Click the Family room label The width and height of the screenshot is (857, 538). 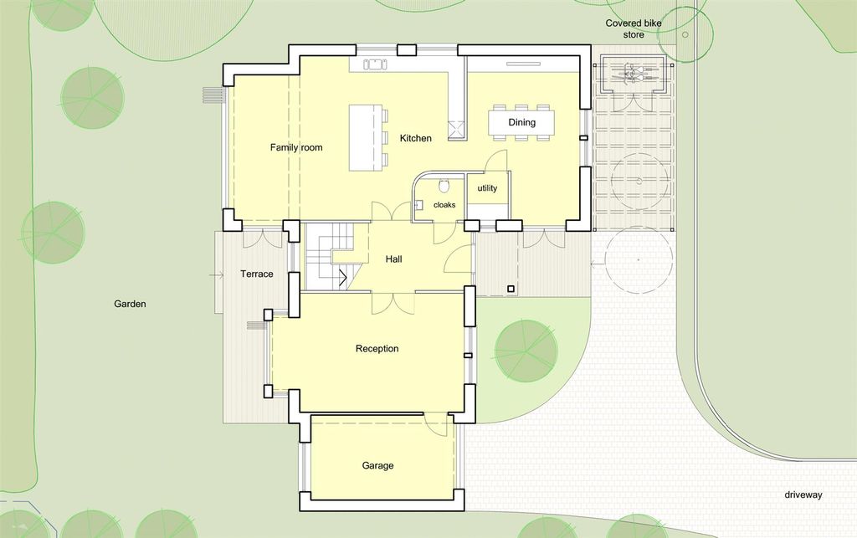point(296,147)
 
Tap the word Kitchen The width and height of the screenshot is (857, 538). point(415,138)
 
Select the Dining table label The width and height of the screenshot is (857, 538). point(522,122)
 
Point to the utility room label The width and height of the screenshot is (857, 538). point(488,188)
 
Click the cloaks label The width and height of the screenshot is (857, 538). point(444,205)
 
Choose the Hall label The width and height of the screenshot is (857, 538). point(393,259)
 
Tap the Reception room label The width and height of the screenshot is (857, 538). point(377,348)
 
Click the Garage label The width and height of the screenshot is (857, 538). point(377,465)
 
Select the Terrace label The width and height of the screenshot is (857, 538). point(257,274)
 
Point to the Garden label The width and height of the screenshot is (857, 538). point(130,304)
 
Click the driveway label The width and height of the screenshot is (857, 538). point(803,494)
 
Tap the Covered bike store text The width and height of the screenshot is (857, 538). point(634,29)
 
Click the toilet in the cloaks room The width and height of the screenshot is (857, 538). point(444,187)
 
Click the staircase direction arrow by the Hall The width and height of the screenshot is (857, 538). point(344,278)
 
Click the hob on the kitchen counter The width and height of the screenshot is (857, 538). point(375,64)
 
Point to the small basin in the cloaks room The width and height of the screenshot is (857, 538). point(418,206)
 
